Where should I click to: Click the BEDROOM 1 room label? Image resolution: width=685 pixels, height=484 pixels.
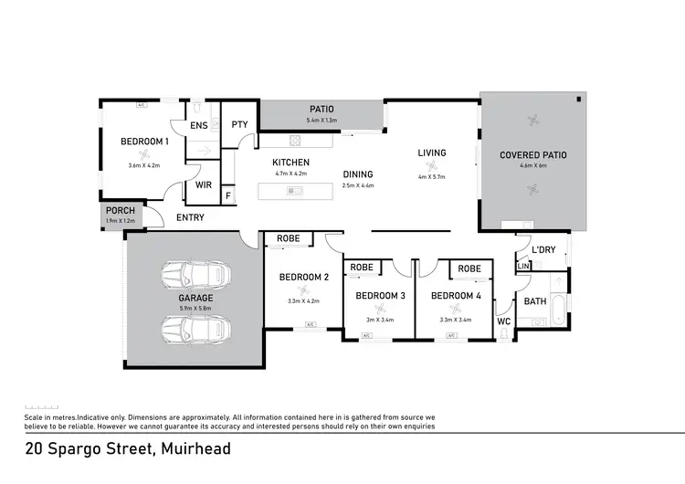144,142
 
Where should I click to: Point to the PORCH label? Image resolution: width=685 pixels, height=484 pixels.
121,211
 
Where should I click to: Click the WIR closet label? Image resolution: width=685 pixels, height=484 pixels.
204,184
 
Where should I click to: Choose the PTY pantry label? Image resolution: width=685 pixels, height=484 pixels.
239,125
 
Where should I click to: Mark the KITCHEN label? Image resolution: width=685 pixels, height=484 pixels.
291,162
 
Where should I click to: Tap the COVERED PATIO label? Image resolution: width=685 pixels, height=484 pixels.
533,155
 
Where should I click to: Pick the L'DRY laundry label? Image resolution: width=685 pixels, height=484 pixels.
543,249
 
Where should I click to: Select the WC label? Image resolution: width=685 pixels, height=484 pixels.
503,321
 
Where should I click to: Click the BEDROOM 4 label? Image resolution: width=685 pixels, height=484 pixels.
456,296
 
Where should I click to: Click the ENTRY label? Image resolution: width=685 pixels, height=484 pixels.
190,217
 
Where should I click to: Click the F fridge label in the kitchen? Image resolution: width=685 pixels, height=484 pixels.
227,195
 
